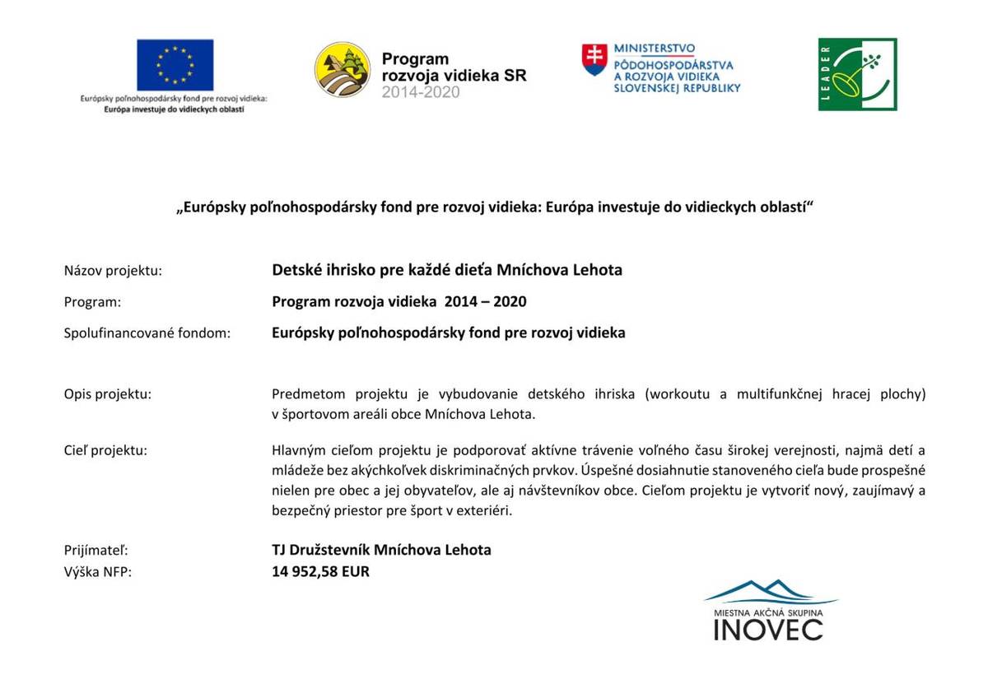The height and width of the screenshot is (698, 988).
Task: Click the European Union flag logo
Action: point(175,64)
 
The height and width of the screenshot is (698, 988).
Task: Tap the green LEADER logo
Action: point(857,74)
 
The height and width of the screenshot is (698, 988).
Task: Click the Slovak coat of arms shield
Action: point(594,60)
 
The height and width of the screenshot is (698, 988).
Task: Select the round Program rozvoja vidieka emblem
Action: point(343,70)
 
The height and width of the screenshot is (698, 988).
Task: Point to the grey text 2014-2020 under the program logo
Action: point(420,92)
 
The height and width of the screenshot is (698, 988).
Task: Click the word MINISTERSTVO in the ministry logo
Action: point(654,49)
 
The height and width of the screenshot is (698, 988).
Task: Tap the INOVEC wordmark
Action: point(767,630)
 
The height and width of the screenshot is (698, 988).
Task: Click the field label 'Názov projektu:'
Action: point(113,270)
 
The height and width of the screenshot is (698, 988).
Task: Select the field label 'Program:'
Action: point(92,302)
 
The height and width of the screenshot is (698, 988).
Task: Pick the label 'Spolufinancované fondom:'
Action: point(147,333)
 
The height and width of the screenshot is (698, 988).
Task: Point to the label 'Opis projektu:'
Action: point(108,394)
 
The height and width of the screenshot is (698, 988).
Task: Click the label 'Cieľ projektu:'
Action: point(105,450)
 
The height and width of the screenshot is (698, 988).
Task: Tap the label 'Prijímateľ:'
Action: point(96,550)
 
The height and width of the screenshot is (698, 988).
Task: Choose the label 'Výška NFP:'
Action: point(97,572)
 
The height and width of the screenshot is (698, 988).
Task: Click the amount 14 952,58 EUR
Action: point(320,572)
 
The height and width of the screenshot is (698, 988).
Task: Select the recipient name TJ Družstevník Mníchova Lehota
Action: point(381,550)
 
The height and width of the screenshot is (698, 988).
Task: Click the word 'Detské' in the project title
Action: point(295,270)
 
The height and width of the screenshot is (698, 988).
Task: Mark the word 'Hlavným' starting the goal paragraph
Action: point(298,450)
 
